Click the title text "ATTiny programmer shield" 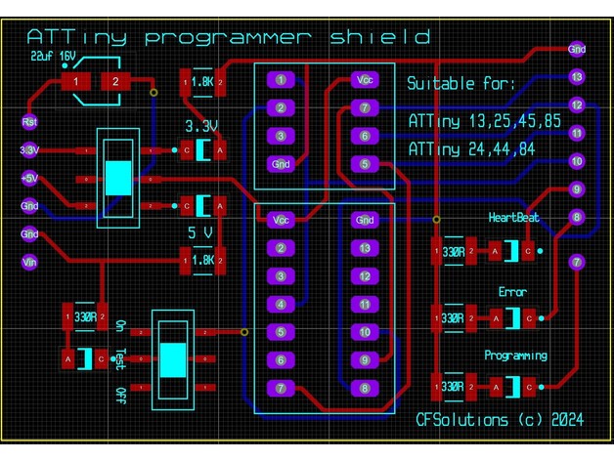(x=228, y=37)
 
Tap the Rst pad (x=29, y=122)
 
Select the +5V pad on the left (x=29, y=179)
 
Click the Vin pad (x=29, y=261)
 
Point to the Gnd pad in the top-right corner (x=577, y=47)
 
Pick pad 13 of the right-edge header (x=577, y=76)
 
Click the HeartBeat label (x=513, y=217)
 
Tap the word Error (x=512, y=292)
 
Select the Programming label (x=515, y=356)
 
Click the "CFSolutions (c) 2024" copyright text (x=500, y=419)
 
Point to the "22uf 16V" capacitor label (x=54, y=57)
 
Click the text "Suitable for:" (x=460, y=84)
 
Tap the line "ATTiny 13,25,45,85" (x=484, y=121)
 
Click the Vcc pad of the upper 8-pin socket (x=365, y=80)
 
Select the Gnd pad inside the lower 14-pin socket (x=365, y=220)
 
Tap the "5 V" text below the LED (x=199, y=232)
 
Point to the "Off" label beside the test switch (x=120, y=394)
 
